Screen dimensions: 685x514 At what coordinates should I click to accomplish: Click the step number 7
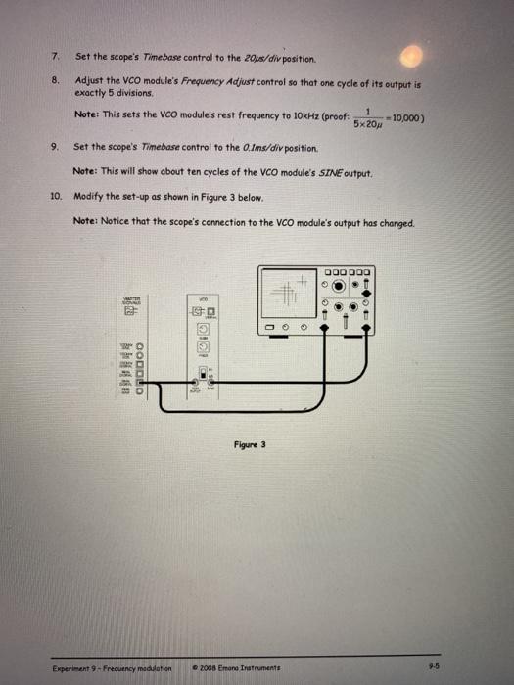pos(56,55)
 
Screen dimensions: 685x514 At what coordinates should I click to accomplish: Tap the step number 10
pos(55,196)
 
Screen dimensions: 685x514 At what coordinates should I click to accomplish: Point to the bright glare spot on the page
pos(415,60)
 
